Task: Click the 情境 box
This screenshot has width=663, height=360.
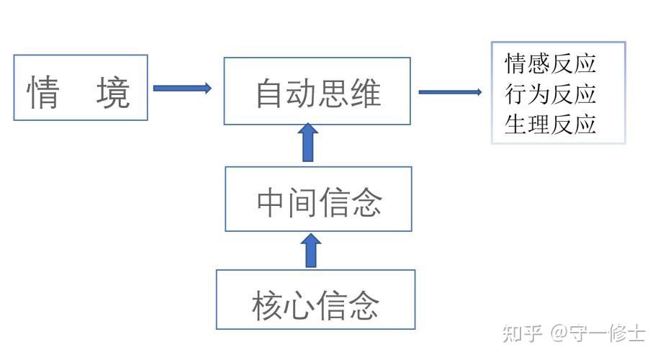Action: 81,87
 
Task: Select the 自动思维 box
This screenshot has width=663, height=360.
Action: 317,91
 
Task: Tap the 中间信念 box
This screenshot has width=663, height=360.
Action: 318,199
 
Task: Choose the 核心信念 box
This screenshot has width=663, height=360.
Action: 316,300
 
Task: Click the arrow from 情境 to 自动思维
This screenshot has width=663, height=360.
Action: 182,89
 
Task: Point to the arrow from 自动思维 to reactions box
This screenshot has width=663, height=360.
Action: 450,92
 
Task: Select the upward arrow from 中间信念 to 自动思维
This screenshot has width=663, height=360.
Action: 309,143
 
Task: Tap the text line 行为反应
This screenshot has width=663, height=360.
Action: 551,94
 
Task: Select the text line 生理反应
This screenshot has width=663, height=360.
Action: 551,124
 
